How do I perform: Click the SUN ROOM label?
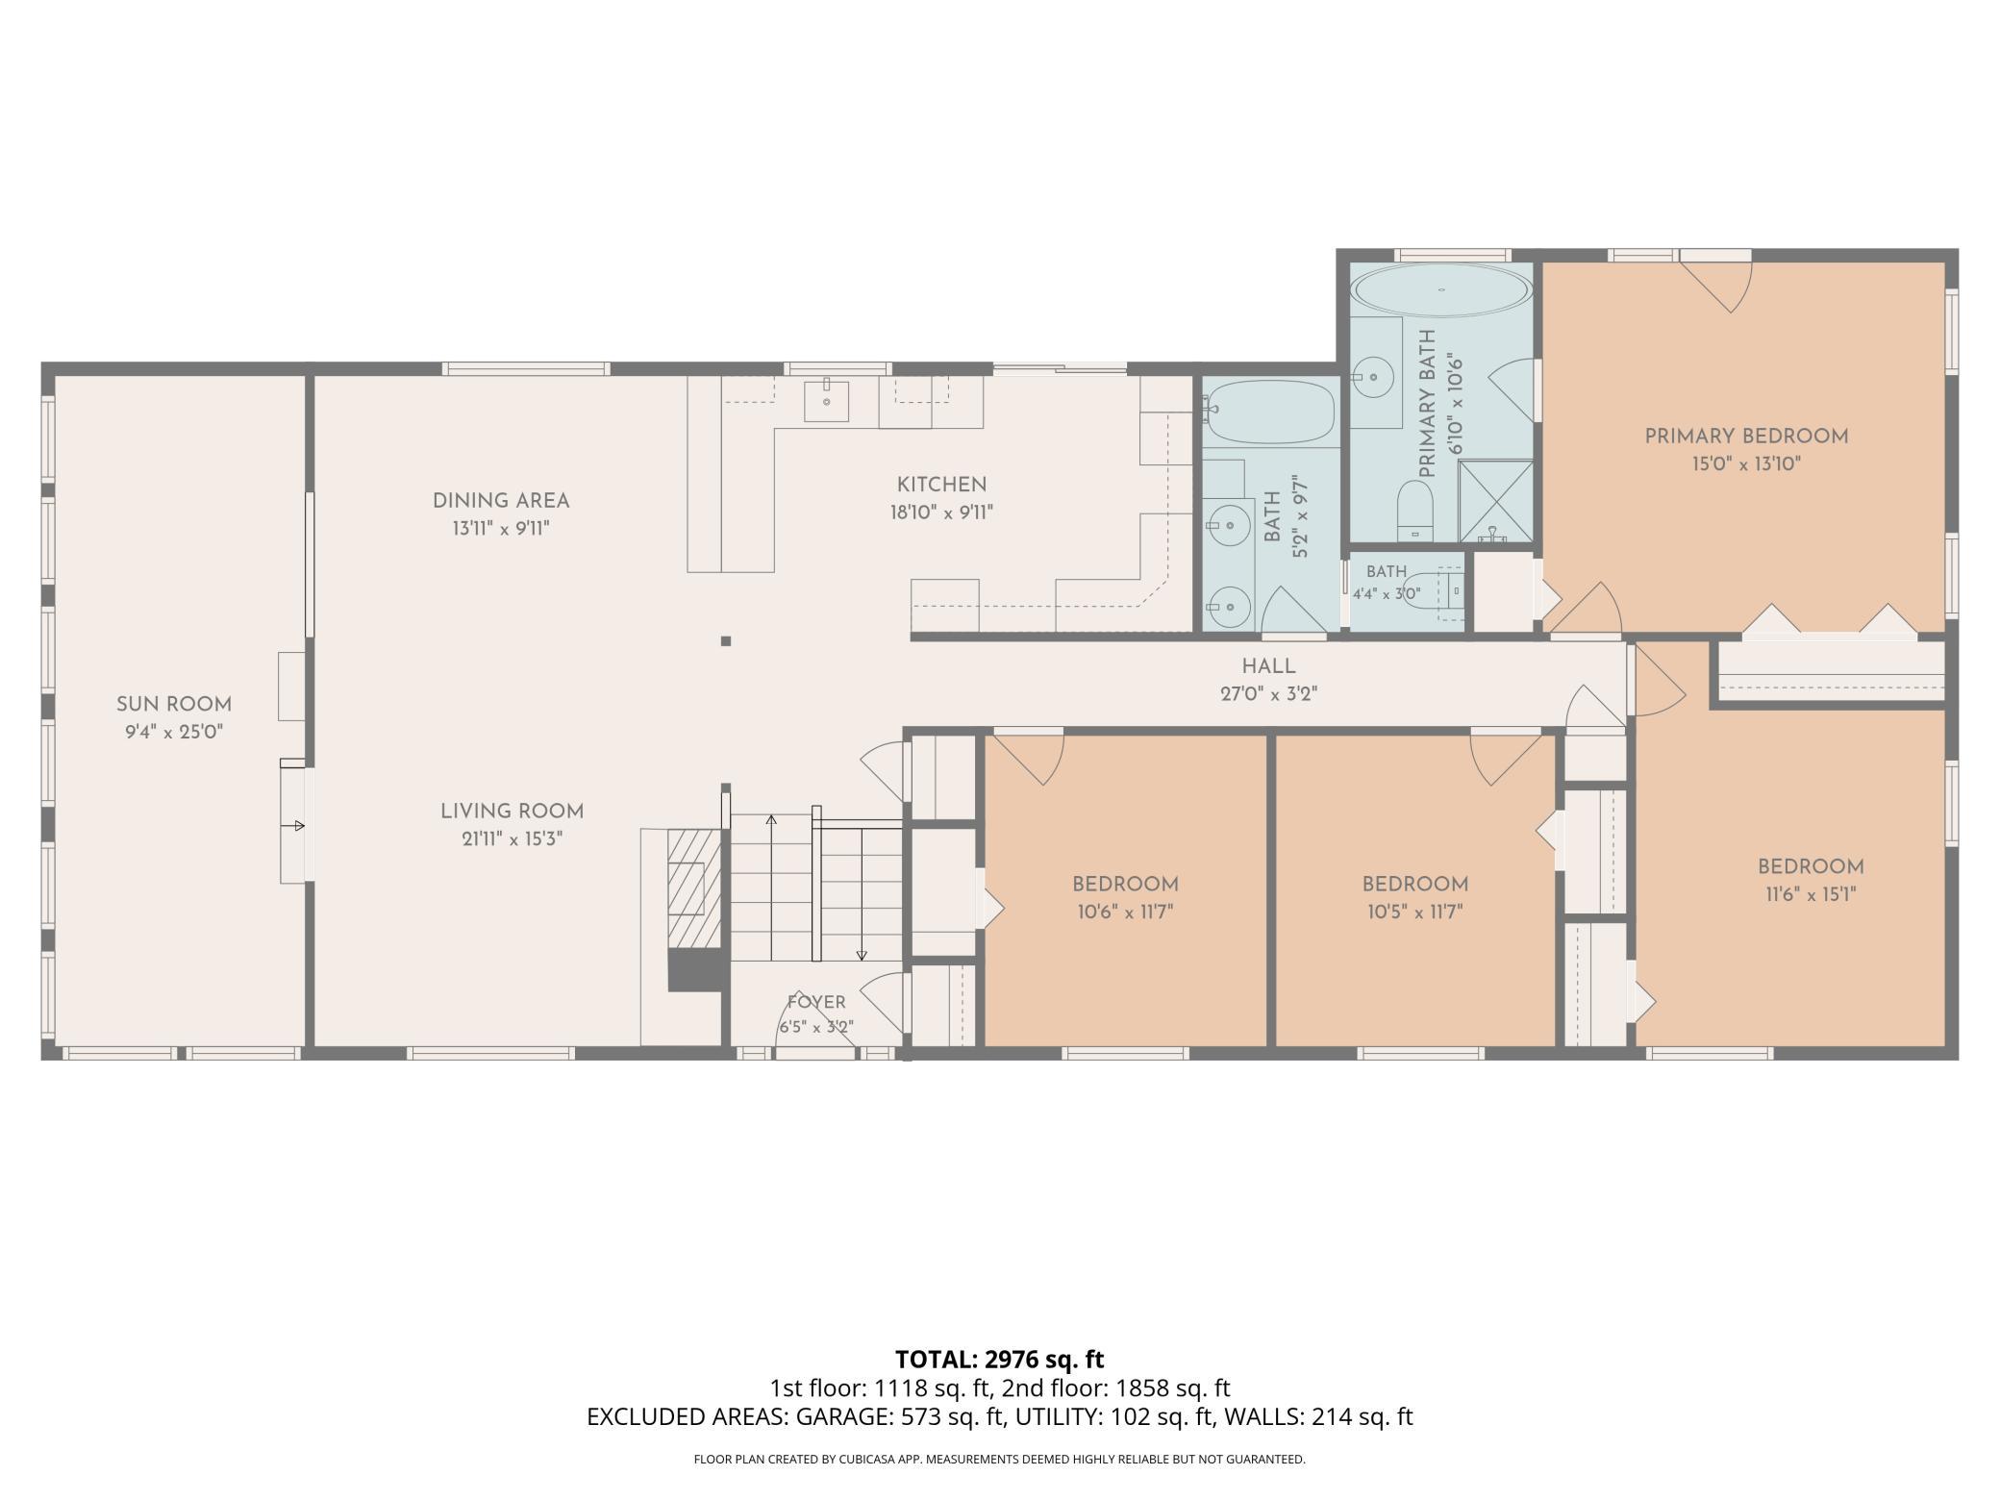174,705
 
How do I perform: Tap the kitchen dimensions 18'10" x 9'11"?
941,512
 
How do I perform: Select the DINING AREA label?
501,501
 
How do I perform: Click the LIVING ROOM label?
512,812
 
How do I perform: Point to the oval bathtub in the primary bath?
1441,289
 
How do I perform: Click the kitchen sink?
826,401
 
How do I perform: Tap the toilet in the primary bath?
1414,510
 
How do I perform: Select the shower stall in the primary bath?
1496,501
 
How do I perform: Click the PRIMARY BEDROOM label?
1746,437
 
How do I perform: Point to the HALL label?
1268,666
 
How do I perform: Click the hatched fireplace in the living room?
694,887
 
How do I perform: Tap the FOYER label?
816,1002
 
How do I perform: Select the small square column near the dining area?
726,641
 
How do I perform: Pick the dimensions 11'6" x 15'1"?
1811,894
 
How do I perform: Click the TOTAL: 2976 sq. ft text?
1000,1360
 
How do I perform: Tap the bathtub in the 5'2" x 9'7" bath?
1269,412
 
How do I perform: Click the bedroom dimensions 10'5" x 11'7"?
1415,912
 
